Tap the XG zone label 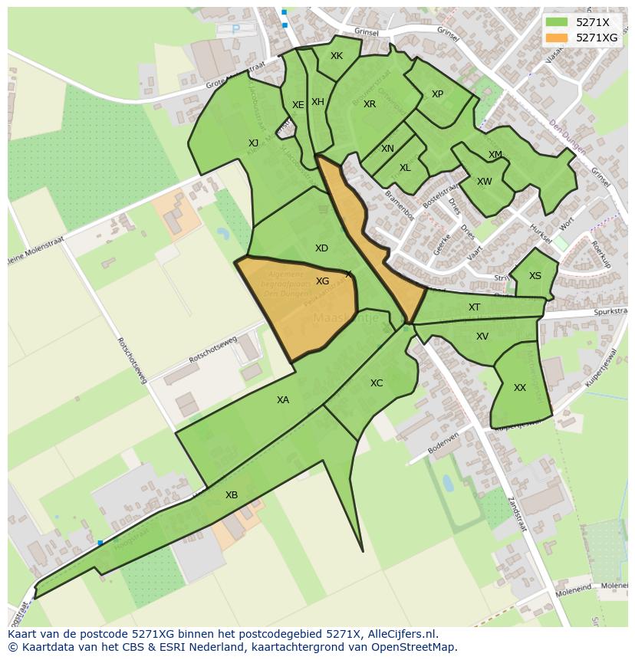[x=322, y=281]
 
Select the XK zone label [x=337, y=56]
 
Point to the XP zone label [x=437, y=94]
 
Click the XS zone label [x=535, y=276]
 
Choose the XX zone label [x=520, y=388]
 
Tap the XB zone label [x=232, y=495]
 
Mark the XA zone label [x=283, y=400]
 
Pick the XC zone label [x=377, y=383]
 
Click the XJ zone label [x=253, y=143]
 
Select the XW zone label [x=484, y=182]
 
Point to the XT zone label [x=474, y=307]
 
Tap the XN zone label [x=387, y=149]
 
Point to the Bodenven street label [x=443, y=442]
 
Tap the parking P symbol [x=235, y=29]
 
